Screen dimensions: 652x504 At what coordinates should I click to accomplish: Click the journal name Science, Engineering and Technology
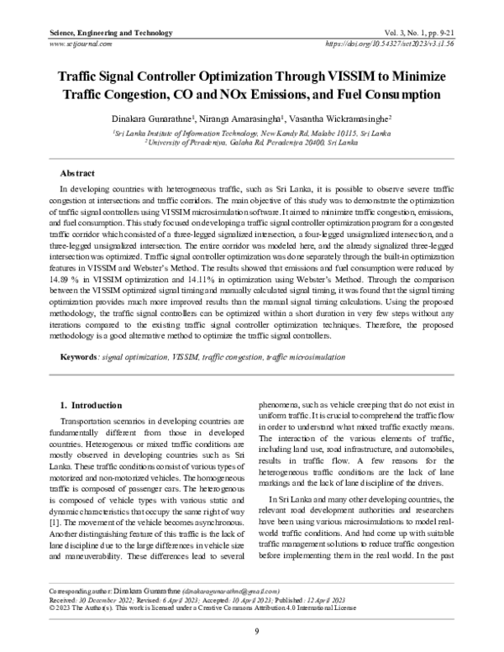coord(100,33)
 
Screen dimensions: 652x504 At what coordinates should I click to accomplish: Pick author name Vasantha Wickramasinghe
coord(357,119)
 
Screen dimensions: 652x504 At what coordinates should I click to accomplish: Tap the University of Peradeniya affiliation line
coord(251,143)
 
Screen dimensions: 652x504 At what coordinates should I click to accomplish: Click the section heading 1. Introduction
coord(87,403)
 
